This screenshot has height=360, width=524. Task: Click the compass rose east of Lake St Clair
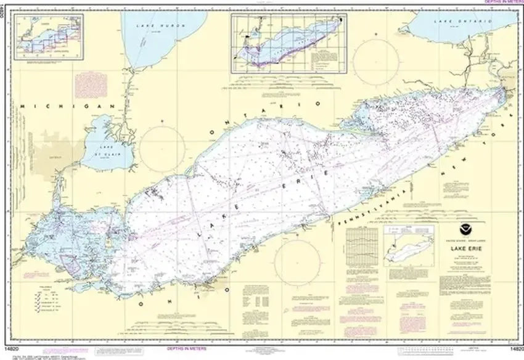pos(162,149)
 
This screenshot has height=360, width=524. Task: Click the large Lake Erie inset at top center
pos(287,42)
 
